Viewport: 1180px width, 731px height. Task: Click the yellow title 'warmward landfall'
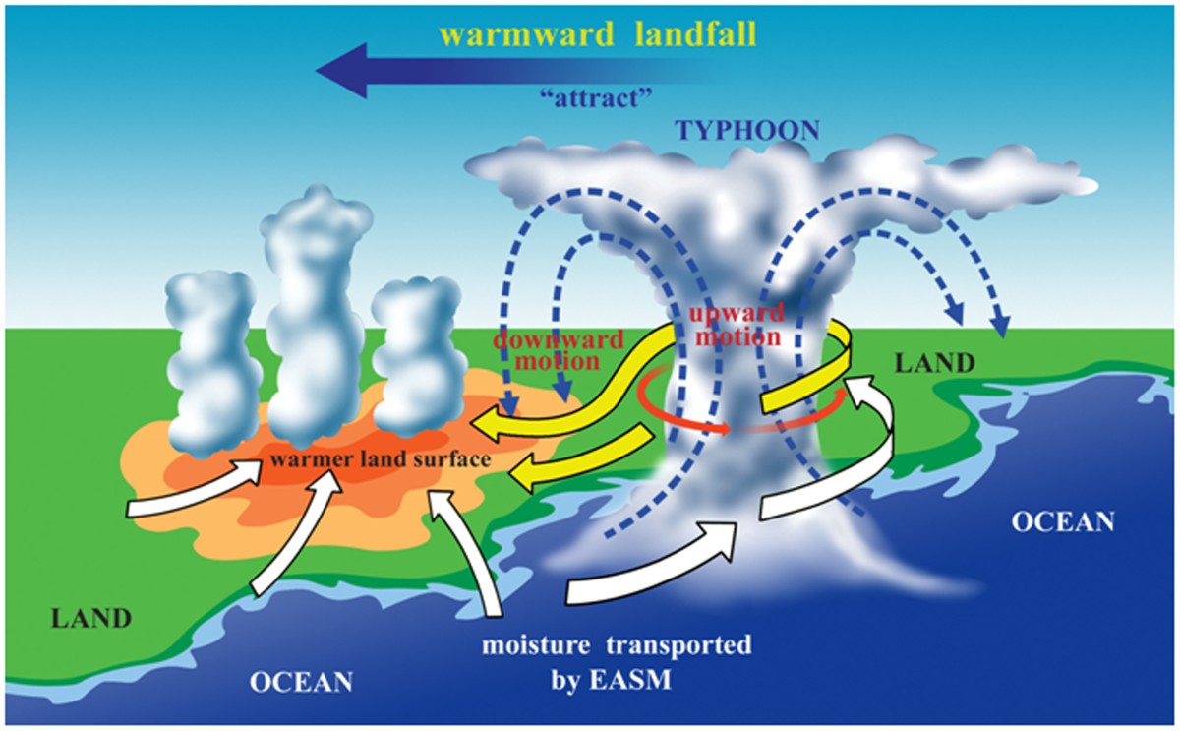point(599,34)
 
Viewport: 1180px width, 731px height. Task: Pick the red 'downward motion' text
point(558,350)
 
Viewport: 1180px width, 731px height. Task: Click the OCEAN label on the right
point(1064,521)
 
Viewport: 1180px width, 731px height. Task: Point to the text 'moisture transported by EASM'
point(616,662)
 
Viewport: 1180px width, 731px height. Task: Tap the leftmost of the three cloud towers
point(207,364)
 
